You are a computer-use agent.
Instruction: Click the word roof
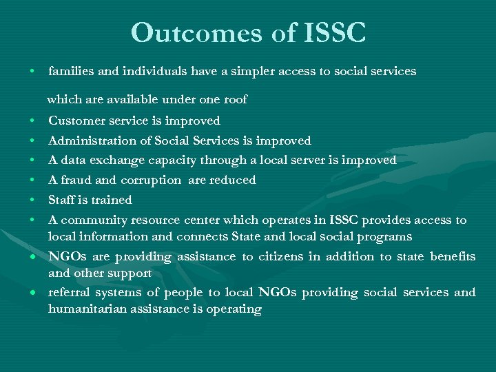pos(235,99)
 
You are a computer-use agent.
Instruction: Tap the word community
pos(90,220)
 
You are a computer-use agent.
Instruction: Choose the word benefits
pos(453,256)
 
